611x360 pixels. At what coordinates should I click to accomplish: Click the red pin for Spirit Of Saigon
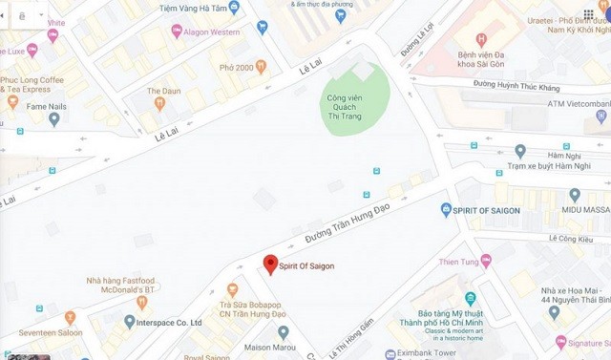pyautogui.click(x=270, y=264)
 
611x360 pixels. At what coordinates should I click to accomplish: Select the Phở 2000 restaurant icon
pyautogui.click(x=261, y=67)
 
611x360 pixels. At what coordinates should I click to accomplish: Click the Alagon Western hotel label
pyautogui.click(x=213, y=31)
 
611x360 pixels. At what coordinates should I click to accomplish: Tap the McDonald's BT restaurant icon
pyautogui.click(x=141, y=303)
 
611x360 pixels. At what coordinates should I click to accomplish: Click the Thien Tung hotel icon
pyautogui.click(x=487, y=260)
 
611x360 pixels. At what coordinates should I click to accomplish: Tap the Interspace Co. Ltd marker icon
pyautogui.click(x=129, y=323)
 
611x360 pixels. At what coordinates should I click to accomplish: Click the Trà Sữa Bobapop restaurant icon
pyautogui.click(x=232, y=289)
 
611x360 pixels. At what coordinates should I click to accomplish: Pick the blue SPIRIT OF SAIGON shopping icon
pyautogui.click(x=446, y=209)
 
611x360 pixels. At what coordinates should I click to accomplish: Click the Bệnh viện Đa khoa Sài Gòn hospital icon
pyautogui.click(x=481, y=39)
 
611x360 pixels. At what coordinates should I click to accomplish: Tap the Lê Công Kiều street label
pyautogui.click(x=571, y=238)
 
